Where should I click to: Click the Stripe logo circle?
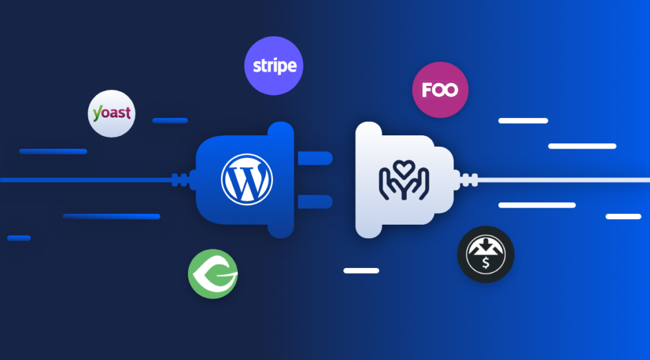point(274,65)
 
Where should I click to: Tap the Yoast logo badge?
point(112,113)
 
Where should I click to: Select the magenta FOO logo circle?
point(441,90)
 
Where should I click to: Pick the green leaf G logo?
point(213,274)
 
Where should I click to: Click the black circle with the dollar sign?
point(486,254)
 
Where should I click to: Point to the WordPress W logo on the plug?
point(247,179)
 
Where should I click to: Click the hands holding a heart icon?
point(403,180)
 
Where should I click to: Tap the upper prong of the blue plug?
point(315,158)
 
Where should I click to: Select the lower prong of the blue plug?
point(315,201)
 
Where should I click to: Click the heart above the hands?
point(403,168)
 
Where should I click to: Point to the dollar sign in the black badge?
point(486,262)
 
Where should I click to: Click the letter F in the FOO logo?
point(427,90)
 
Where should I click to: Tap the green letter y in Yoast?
point(97,114)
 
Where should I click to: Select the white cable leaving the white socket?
point(564,180)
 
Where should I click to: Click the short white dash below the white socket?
point(361,271)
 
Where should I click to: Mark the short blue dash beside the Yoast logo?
point(170,121)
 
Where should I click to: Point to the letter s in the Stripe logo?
point(257,67)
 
